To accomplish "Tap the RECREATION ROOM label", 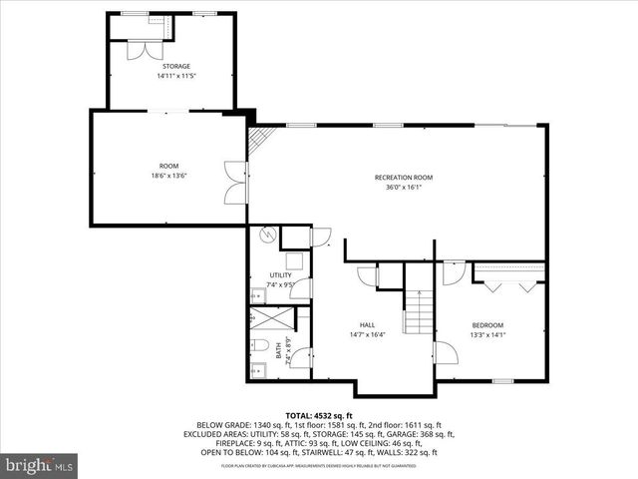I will point(404,178).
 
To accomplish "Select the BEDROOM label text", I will point(487,325).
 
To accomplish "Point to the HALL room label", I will point(367,325).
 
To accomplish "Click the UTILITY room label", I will point(280,275).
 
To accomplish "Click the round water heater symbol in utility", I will point(267,238).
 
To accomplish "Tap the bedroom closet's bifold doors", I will point(508,283).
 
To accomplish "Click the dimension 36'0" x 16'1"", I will point(404,187).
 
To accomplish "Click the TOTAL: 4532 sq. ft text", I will point(319,414).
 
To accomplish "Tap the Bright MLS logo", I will point(40,464).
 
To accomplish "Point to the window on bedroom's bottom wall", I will point(502,381).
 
